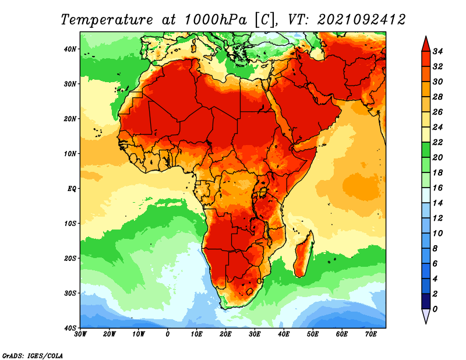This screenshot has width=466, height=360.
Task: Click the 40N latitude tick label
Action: [x=70, y=49]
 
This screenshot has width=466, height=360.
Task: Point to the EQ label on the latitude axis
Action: [x=72, y=189]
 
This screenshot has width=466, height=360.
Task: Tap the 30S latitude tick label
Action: [x=70, y=294]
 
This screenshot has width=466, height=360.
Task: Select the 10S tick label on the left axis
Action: [x=70, y=224]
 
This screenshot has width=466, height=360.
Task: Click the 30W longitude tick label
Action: [x=80, y=334]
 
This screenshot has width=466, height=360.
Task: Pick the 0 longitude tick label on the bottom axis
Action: [x=168, y=334]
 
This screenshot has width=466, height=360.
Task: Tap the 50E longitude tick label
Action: [x=313, y=334]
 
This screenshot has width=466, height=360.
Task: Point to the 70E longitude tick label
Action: [x=371, y=334]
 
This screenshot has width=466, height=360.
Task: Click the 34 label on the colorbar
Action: [x=437, y=51]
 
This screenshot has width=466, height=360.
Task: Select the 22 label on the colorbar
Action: [x=437, y=142]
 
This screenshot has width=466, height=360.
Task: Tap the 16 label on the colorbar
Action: [x=437, y=188]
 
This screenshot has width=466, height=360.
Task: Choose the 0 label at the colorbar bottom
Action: [x=435, y=309]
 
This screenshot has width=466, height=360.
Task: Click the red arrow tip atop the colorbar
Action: [x=426, y=37]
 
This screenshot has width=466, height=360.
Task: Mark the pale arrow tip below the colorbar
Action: [x=426, y=323]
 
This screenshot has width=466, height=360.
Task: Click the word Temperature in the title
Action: [x=107, y=20]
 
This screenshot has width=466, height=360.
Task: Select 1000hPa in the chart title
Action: [x=216, y=20]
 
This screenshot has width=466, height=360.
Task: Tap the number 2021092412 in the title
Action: [x=361, y=20]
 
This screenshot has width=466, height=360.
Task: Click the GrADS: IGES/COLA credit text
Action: [x=33, y=356]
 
